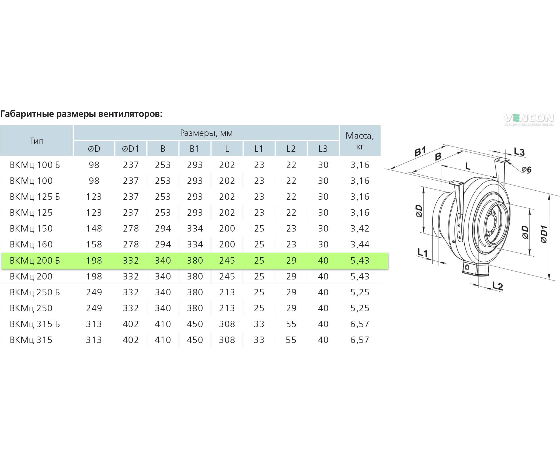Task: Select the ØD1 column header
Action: tap(131, 149)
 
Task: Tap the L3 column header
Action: tap(323, 149)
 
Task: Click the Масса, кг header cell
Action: tap(360, 141)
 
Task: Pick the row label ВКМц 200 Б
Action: tap(35, 261)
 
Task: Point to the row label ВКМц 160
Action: tap(31, 244)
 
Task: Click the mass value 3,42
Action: tap(360, 229)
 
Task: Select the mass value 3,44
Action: tap(360, 244)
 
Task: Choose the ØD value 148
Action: tap(94, 229)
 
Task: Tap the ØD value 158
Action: tap(94, 244)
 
